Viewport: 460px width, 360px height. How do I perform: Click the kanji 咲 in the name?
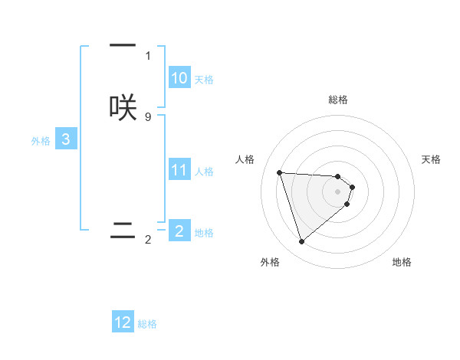123,106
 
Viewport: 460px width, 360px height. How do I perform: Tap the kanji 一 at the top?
123,46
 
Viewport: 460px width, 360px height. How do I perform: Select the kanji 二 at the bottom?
123,230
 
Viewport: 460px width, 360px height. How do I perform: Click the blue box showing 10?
179,78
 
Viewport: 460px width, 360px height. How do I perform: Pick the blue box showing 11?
179,170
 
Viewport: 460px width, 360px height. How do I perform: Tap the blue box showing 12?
123,322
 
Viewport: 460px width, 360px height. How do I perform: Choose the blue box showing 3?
66,139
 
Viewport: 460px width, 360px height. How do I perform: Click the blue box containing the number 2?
179,231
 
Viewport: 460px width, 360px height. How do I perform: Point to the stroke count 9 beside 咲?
148,116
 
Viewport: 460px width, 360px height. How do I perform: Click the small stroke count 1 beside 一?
148,55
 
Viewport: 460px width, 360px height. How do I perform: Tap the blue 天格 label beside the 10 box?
204,80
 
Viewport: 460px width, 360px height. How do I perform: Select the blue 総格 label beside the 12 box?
147,324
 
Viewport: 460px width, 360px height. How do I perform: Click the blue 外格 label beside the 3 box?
40,141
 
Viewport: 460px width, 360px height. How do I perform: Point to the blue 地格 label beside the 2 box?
204,232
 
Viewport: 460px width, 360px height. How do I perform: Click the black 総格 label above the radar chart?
338,100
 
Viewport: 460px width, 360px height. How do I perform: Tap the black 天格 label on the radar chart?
432,159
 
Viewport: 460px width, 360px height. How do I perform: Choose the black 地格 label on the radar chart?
402,262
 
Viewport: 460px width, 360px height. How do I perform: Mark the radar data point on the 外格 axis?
301,242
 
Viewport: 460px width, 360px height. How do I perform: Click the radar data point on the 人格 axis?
279,172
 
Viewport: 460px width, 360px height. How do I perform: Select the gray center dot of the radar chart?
338,191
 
